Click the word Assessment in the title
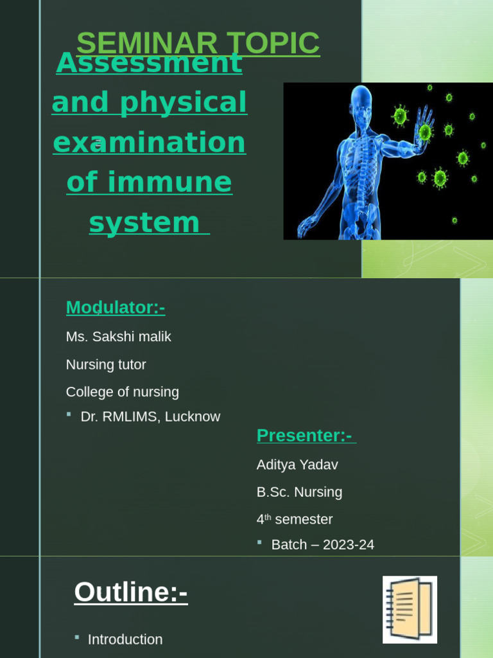click(x=149, y=63)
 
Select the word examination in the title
click(x=149, y=143)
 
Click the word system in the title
click(x=144, y=223)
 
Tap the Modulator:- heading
click(x=116, y=308)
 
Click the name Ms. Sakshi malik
click(x=118, y=337)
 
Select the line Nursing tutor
click(x=106, y=365)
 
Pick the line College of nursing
click(x=122, y=392)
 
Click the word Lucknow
click(x=193, y=417)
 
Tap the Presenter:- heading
click(x=304, y=435)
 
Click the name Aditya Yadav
click(x=297, y=465)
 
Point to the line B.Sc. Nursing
click(x=299, y=492)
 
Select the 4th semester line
click(x=295, y=519)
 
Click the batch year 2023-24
click(x=349, y=545)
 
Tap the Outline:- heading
click(x=131, y=592)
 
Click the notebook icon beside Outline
click(x=410, y=609)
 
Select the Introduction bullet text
click(x=125, y=639)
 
